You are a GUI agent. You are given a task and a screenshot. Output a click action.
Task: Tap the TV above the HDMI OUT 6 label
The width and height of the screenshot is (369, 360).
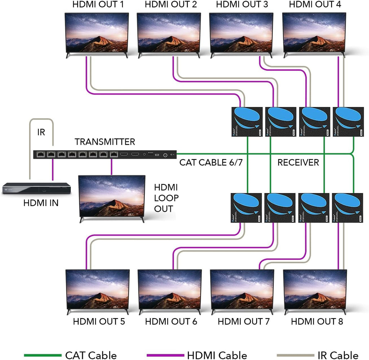click(170, 291)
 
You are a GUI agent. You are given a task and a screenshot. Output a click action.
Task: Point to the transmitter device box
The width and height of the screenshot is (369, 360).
click(105, 154)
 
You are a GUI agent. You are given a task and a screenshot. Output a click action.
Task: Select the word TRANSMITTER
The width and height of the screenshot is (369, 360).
click(105, 142)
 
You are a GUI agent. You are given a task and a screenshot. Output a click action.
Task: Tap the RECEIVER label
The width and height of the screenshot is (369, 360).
click(298, 163)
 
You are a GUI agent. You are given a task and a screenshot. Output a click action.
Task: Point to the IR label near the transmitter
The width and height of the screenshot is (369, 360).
click(41, 132)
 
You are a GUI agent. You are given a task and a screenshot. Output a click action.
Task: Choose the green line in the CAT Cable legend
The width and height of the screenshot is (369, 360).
click(42, 355)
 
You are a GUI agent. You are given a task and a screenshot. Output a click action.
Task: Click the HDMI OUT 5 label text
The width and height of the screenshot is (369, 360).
click(99, 321)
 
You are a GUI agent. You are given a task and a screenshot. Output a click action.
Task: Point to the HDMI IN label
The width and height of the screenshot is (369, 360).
click(41, 203)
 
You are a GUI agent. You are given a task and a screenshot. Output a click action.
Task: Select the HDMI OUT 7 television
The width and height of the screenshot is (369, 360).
click(242, 291)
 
